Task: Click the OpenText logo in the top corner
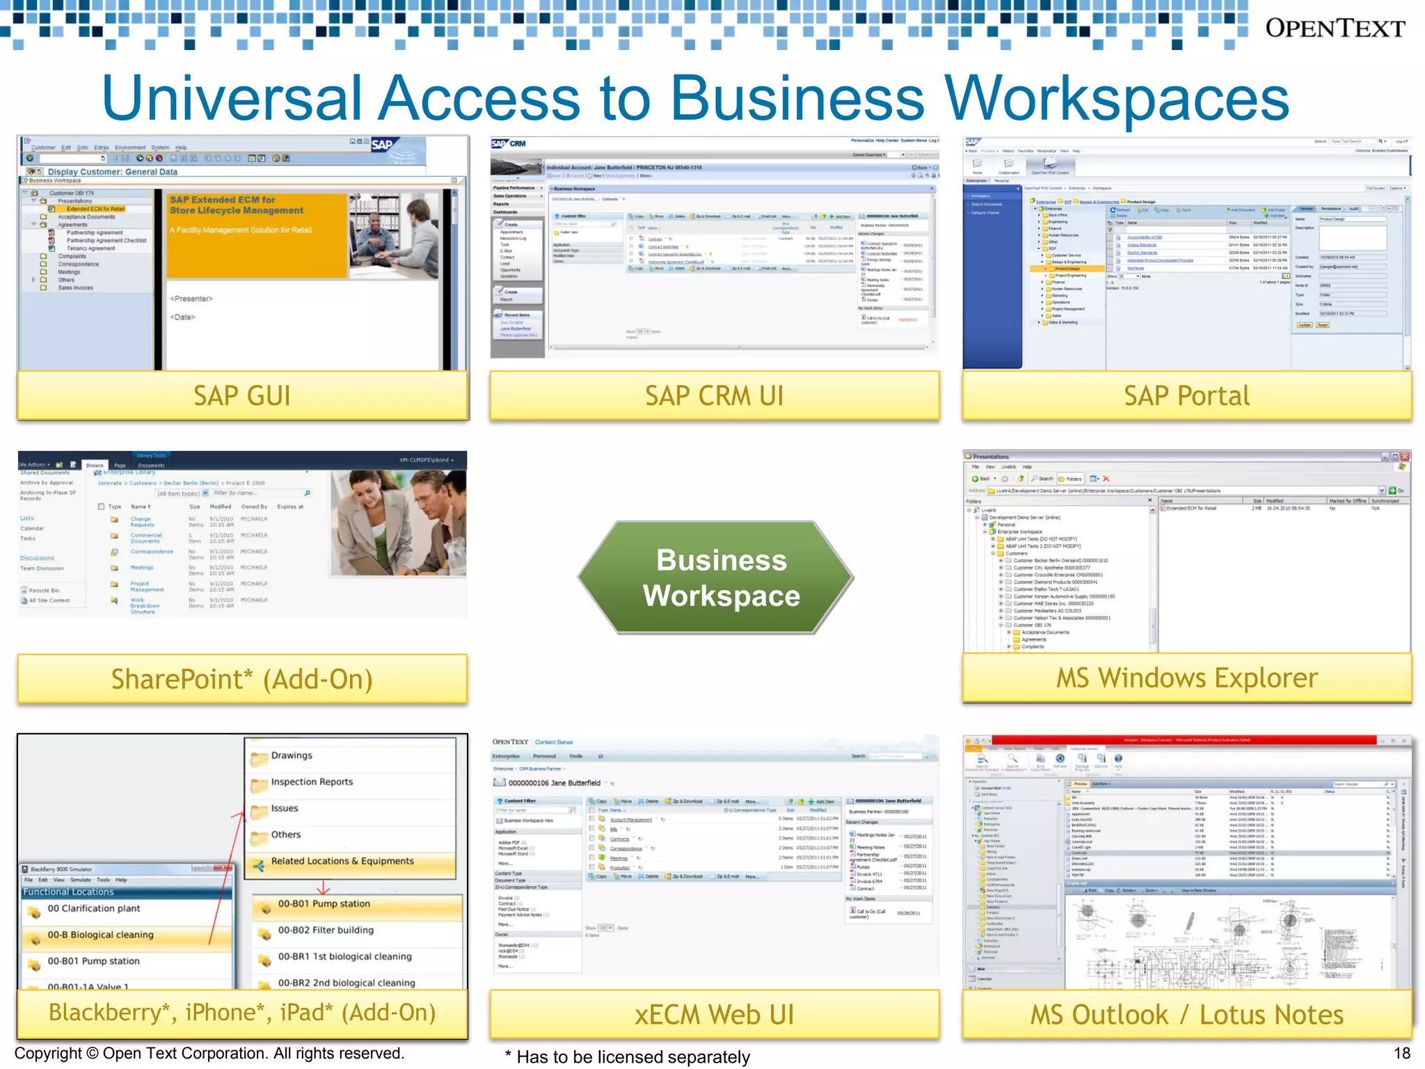tap(1335, 29)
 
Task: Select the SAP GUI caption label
tap(242, 395)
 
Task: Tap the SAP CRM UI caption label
tap(714, 395)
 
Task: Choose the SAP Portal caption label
tap(1186, 395)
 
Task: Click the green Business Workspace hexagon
tap(721, 578)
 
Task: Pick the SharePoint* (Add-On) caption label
tap(242, 679)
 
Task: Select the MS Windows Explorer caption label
tap(1186, 678)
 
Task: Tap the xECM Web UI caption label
tap(714, 1015)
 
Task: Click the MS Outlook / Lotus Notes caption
tap(1186, 1015)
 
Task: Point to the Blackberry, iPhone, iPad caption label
tap(242, 1013)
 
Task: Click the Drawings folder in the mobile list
tap(292, 756)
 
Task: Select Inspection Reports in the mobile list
tap(312, 782)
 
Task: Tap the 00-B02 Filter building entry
tap(326, 931)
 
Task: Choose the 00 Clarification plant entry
tap(93, 909)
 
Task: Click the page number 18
tap(1401, 1054)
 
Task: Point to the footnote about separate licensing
tap(628, 1057)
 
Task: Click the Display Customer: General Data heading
tap(112, 172)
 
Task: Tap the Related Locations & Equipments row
tap(342, 862)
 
